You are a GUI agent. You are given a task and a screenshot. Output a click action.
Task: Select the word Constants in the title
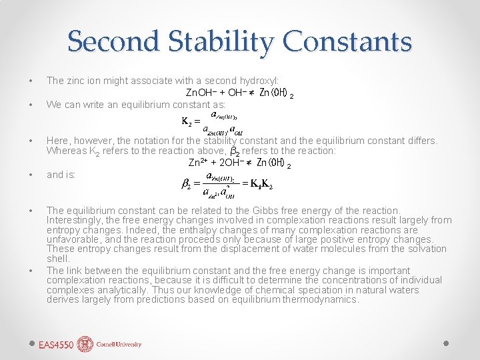tap(348, 41)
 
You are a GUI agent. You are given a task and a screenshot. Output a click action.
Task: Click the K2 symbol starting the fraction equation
tap(187, 121)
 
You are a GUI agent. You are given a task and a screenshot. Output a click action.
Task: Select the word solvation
tap(424, 249)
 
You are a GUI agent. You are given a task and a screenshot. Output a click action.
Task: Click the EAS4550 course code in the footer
tap(56, 345)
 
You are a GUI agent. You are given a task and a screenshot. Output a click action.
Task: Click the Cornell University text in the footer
tap(119, 345)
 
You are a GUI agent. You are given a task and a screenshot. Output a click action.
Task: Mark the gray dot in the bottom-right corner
tap(447, 343)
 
